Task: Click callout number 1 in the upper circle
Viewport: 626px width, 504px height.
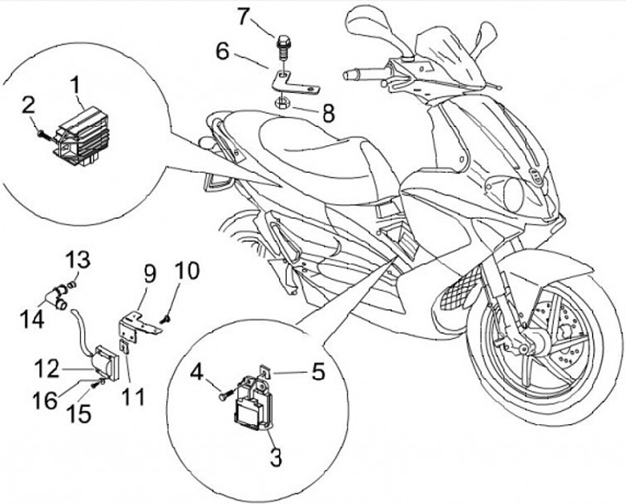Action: point(76,84)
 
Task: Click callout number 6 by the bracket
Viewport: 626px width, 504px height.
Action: point(223,51)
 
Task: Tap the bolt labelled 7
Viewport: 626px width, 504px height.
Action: point(284,41)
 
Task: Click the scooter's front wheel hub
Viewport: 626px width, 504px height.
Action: point(529,338)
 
